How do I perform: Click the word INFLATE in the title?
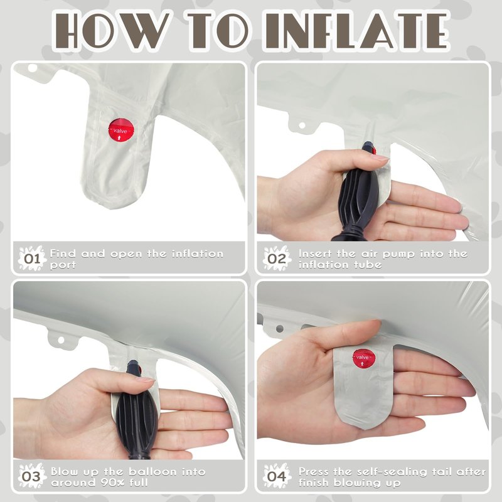click(356, 30)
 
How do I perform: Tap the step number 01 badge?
click(32, 258)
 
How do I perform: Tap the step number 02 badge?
click(277, 258)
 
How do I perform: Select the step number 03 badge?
click(32, 476)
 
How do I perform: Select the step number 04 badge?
click(277, 476)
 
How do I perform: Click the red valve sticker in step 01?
click(120, 130)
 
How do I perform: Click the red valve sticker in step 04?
click(364, 357)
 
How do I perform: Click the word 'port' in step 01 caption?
click(63, 265)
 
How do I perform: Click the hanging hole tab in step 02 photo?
click(301, 125)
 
